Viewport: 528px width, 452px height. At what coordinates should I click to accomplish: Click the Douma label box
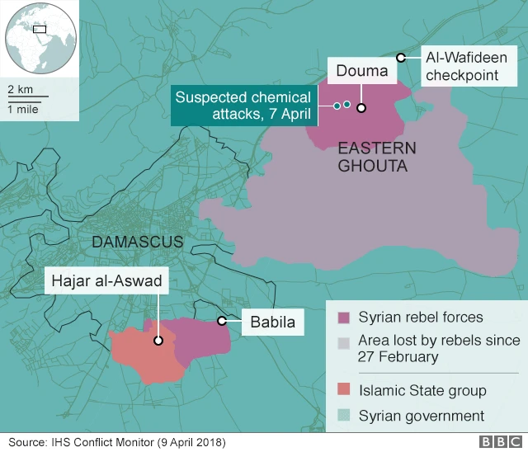point(361,71)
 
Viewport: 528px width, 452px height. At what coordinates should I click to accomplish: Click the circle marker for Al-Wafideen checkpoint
point(400,57)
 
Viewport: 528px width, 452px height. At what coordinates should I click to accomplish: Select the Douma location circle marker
point(361,106)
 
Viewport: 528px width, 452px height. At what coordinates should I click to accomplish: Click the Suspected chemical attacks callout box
point(243,105)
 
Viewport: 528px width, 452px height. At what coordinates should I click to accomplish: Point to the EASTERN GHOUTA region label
point(373,158)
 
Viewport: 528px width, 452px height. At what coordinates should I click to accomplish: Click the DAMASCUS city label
point(137,242)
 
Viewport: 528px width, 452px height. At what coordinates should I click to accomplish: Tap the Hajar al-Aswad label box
point(108,281)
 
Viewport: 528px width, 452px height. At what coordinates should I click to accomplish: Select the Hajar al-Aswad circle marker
point(157,339)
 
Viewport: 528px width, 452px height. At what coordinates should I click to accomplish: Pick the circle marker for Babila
point(221,321)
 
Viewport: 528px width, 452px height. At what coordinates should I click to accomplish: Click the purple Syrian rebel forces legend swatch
point(343,318)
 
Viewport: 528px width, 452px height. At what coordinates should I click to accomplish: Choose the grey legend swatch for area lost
point(343,341)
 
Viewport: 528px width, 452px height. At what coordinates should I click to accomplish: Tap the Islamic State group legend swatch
point(343,390)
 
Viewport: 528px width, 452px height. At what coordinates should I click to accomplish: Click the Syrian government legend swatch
point(343,416)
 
